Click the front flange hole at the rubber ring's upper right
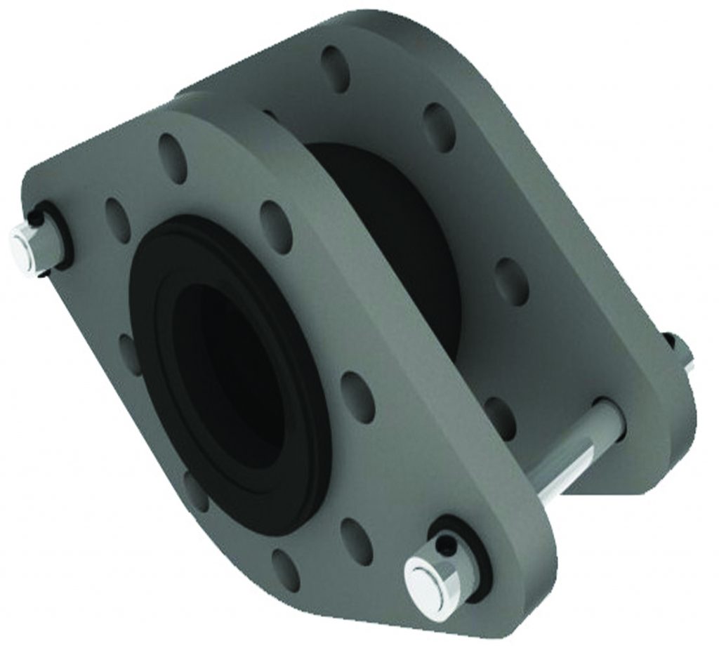(x=276, y=225)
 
